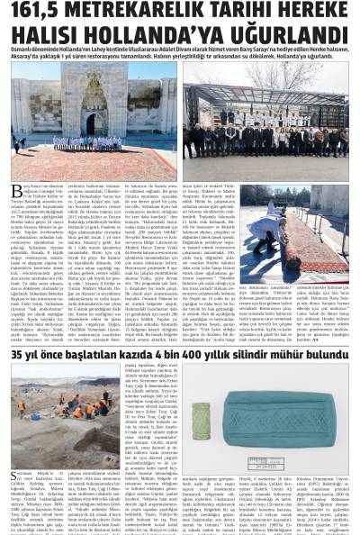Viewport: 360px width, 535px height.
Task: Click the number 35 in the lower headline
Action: pos(19,384)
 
